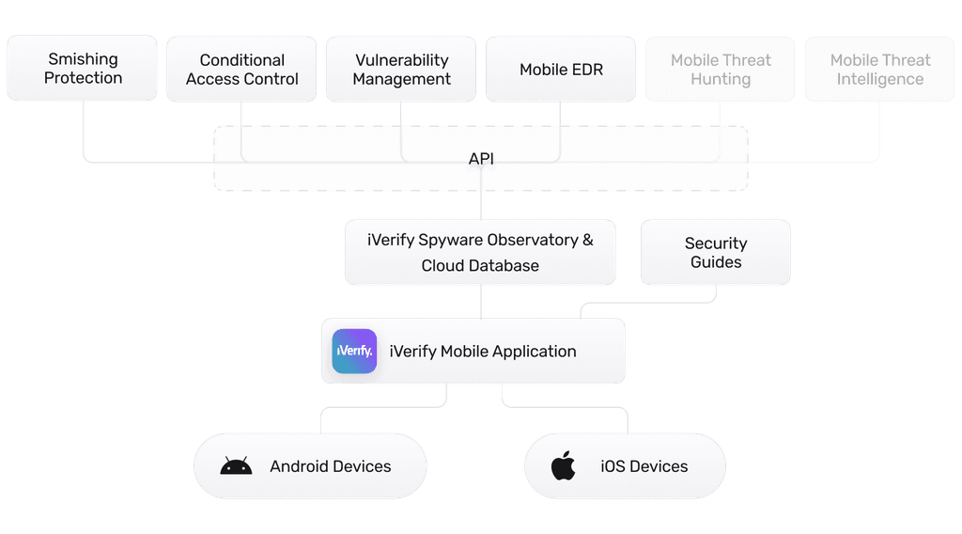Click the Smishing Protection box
point(83,69)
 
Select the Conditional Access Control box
point(242,69)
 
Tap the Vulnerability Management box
point(402,69)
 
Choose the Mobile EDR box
point(561,69)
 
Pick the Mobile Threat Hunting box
point(721,69)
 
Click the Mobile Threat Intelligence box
point(880,69)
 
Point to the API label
point(481,159)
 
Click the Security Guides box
point(716,252)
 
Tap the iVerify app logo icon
point(355,351)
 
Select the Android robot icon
point(236,466)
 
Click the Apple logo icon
point(563,465)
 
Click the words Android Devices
point(330,466)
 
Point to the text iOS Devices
point(644,466)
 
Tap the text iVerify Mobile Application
point(483,352)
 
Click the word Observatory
point(531,240)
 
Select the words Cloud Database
point(480,265)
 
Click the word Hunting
point(721,79)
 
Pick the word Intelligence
point(880,79)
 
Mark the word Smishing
point(83,59)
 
